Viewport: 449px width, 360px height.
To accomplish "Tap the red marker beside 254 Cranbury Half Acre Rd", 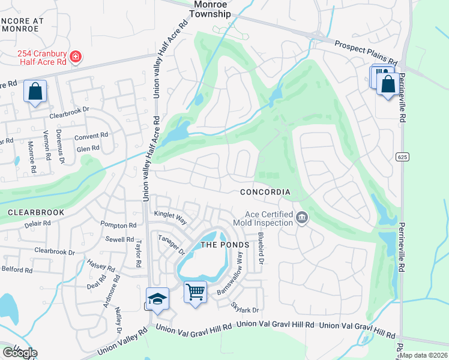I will coord(76,58).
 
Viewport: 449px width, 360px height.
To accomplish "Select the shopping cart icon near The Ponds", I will coord(195,292).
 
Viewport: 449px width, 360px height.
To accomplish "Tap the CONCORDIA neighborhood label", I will coord(265,193).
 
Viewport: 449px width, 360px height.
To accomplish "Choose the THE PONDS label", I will coord(224,245).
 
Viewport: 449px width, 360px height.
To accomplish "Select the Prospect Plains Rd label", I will coord(366,53).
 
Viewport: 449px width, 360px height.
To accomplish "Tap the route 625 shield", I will coord(402,157).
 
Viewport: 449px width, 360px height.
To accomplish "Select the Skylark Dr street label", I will coord(245,307).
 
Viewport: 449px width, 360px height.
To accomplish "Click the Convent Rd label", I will coord(91,136).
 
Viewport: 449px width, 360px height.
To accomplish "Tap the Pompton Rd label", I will coord(119,225).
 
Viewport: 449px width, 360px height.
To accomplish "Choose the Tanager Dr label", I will coord(169,245).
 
